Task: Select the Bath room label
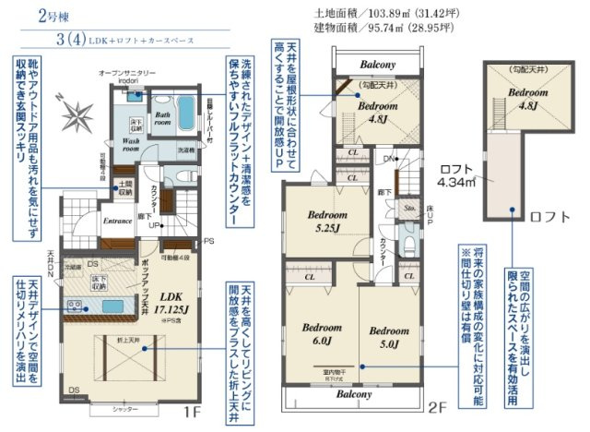coord(161,117)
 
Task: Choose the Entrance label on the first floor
coord(119,221)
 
